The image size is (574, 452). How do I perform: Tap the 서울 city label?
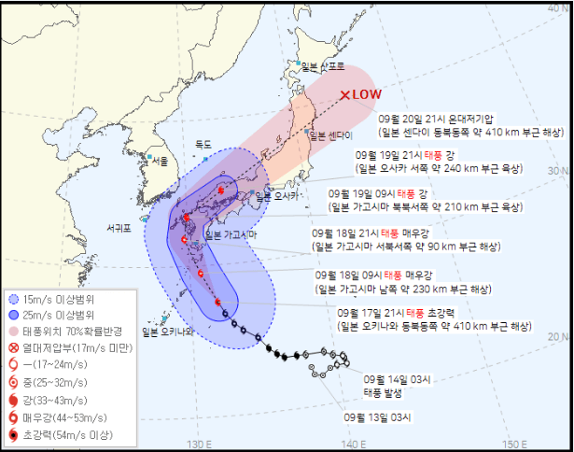(161, 162)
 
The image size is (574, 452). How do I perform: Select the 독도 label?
(203, 144)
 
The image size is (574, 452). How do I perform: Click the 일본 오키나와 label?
(167, 332)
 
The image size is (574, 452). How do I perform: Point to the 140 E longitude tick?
(354, 444)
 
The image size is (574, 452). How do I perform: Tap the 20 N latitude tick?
(560, 336)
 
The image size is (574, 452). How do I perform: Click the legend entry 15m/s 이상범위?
(62, 300)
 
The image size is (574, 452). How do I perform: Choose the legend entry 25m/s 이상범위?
(62, 316)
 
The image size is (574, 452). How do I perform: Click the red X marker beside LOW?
(345, 94)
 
